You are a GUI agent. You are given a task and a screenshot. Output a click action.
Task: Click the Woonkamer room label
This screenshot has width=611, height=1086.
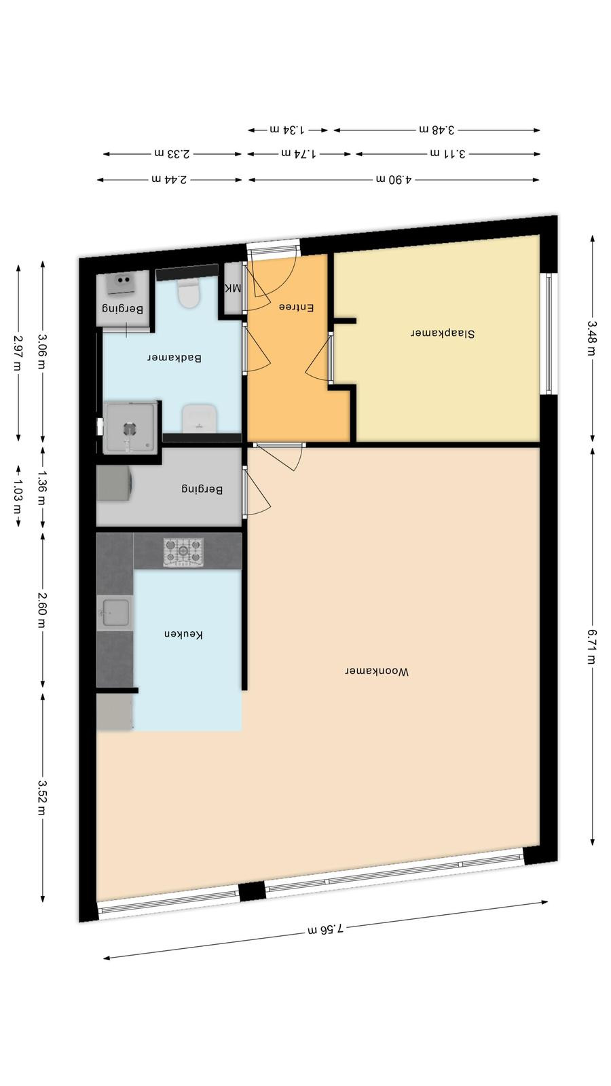(x=377, y=671)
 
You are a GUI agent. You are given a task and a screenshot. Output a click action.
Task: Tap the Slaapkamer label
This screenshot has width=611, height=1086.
(x=443, y=333)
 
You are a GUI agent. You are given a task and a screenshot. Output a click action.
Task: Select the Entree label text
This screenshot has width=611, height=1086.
(x=296, y=307)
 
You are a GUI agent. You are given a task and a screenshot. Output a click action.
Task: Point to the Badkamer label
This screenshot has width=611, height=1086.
(x=174, y=358)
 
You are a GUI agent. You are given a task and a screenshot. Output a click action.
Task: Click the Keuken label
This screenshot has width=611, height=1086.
(x=183, y=634)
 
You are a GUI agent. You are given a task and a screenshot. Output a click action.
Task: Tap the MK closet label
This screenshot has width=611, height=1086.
(x=234, y=288)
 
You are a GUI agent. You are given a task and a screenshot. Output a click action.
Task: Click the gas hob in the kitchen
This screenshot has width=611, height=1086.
(x=183, y=552)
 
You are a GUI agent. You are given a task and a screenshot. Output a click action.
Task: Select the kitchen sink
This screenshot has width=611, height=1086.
(x=115, y=613)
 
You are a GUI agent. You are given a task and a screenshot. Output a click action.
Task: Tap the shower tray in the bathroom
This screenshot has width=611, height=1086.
(x=130, y=428)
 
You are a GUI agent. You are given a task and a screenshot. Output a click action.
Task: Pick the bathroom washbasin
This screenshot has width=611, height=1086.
(x=200, y=418)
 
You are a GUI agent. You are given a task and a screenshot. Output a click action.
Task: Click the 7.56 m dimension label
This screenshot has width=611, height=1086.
(x=326, y=929)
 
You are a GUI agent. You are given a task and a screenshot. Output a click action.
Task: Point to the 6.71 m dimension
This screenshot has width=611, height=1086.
(x=592, y=646)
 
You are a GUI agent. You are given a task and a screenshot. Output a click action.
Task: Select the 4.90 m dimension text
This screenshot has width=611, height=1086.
(x=394, y=179)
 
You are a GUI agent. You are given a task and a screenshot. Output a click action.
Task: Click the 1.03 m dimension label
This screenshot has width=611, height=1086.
(x=18, y=496)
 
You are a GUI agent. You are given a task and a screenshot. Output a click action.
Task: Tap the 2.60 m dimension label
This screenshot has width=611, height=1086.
(x=43, y=610)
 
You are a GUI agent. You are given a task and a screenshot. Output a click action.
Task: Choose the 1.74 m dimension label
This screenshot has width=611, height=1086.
(x=299, y=153)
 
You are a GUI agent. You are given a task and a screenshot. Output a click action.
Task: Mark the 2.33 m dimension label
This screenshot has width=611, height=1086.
(x=172, y=153)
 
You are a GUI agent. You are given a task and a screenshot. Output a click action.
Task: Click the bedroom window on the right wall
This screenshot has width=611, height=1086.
(x=549, y=333)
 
